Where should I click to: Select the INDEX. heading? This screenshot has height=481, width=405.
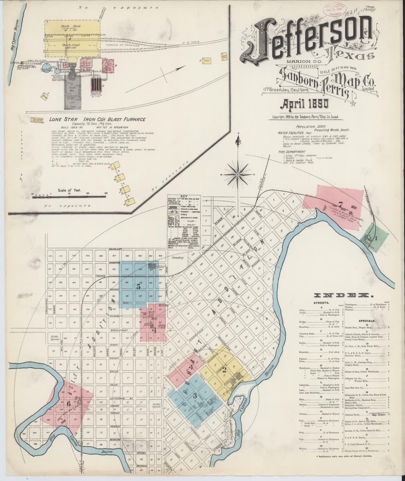pos(345,295)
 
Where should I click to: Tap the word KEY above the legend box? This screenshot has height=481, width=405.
pos(184,197)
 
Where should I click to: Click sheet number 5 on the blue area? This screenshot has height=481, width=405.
pos(139,286)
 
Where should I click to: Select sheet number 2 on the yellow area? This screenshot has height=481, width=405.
pos(225,370)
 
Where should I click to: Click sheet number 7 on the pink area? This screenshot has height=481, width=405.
pos(341,205)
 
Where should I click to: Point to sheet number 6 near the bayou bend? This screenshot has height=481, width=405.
pos(69,404)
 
